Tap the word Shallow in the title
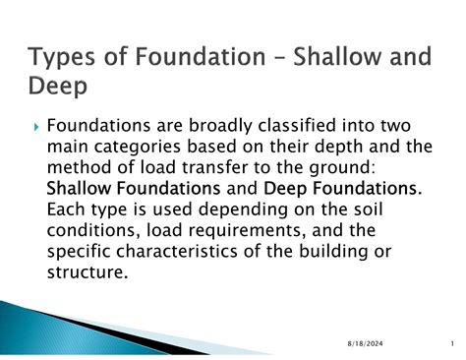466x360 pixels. tap(330, 58)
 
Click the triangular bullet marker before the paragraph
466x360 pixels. tap(37, 128)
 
